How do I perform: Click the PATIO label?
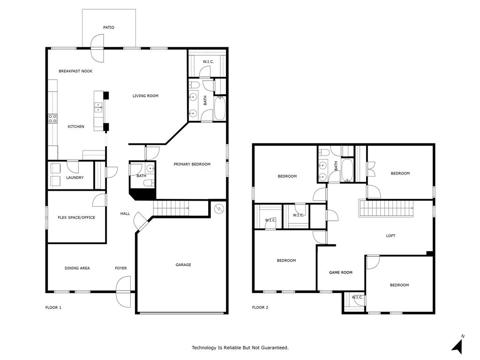109,28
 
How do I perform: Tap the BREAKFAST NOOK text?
75,71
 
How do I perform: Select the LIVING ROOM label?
145,96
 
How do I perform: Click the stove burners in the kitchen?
52,119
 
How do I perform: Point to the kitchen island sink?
98,108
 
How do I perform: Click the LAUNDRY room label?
75,178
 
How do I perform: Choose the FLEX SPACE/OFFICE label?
76,217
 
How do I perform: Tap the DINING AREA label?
77,268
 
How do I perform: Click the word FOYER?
121,268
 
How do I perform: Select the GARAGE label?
183,265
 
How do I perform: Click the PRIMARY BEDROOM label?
192,165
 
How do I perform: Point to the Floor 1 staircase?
171,208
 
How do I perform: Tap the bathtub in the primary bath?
220,108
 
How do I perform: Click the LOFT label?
390,236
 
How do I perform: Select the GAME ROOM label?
340,272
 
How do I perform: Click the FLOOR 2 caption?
260,307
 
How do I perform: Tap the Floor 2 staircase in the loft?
387,208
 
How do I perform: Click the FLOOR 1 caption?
53,307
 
